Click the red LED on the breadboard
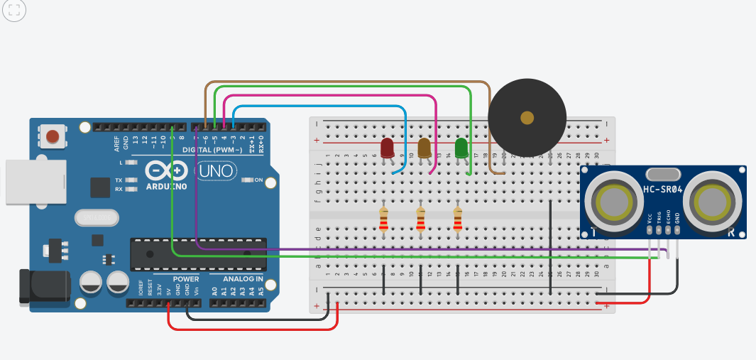387,148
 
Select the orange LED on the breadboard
424,148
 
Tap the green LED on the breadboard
461,148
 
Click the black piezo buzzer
527,117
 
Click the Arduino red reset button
52,135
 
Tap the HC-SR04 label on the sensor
663,190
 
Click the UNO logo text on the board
214,172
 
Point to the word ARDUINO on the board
166,187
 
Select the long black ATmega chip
198,254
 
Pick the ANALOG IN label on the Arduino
238,278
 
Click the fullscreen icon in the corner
14,10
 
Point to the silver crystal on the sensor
663,174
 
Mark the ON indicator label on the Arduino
259,180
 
